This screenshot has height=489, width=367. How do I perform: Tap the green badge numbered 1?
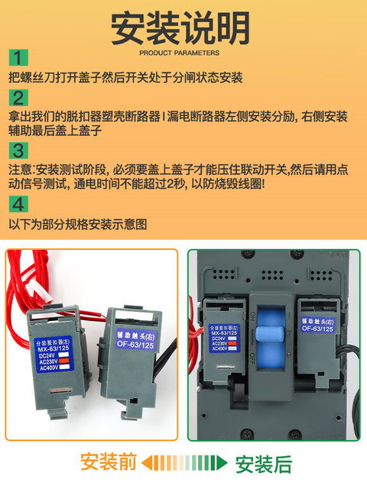[x=19, y=59]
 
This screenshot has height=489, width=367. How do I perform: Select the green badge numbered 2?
[x=19, y=98]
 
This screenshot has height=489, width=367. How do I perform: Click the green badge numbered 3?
[x=19, y=150]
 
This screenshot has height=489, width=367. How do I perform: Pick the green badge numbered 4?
[x=19, y=204]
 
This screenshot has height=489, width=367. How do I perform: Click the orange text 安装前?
[x=109, y=463]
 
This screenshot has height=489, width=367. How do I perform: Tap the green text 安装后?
[x=263, y=463]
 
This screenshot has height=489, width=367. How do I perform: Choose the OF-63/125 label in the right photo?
[x=317, y=324]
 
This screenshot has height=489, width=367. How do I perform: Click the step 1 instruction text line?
[x=125, y=78]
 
